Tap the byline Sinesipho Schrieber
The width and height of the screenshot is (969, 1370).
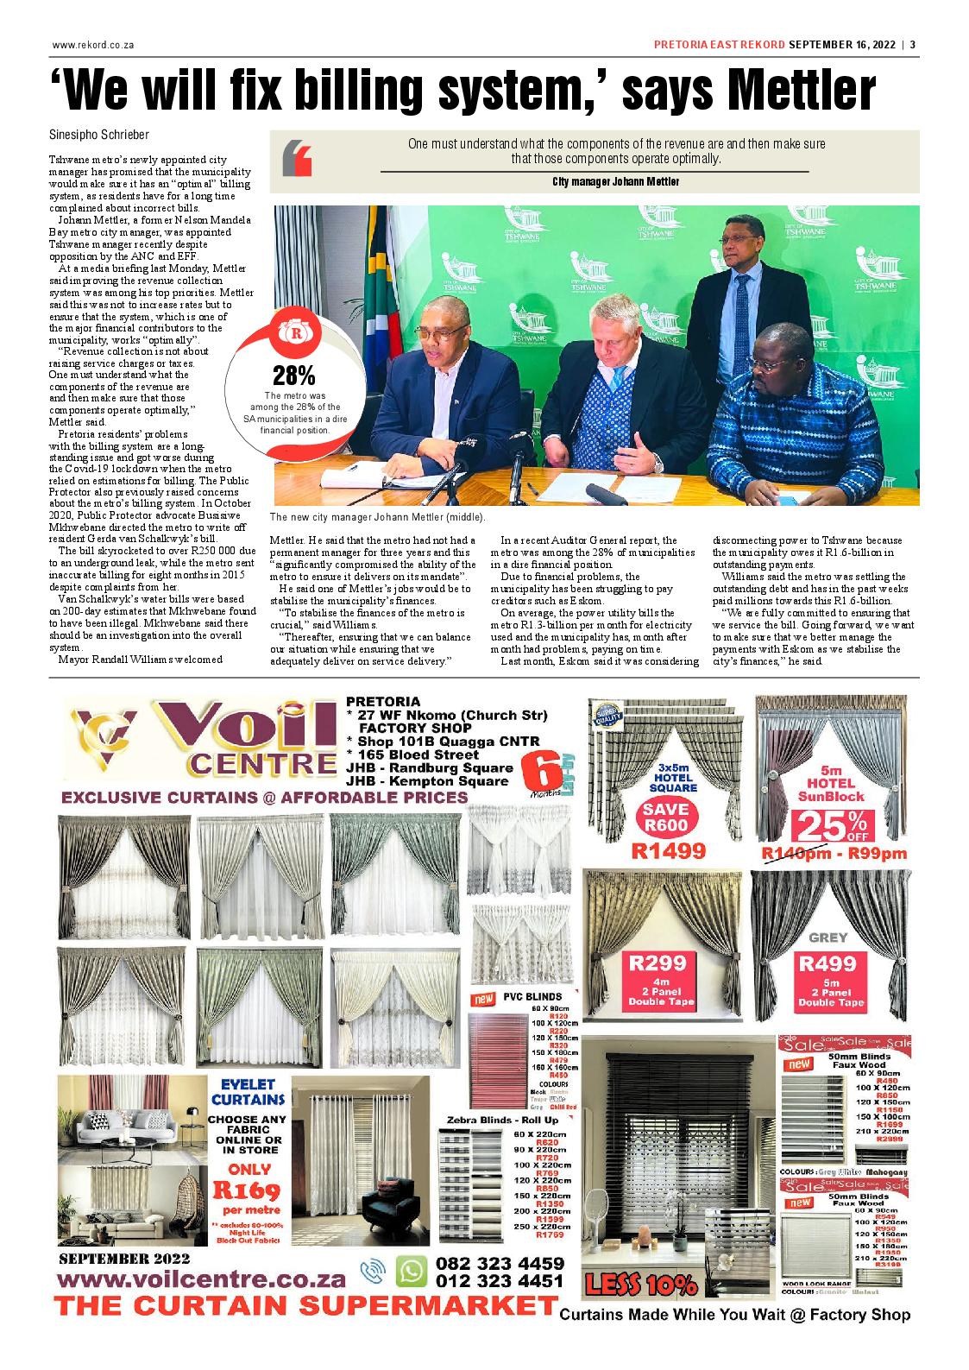coord(100,136)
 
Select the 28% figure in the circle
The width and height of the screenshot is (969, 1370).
coord(293,376)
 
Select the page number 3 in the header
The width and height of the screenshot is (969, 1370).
coord(912,46)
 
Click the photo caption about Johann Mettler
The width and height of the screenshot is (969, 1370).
coord(377,517)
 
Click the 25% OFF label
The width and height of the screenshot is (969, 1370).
coord(832,824)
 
